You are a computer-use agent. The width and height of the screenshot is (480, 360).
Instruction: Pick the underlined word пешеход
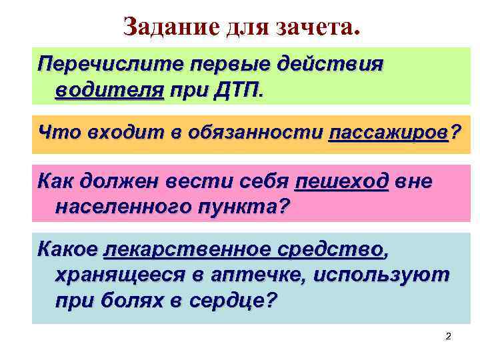tap(341, 181)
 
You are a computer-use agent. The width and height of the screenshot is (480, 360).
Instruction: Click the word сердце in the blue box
tap(228, 300)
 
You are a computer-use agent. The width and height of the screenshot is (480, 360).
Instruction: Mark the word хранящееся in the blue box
tap(124, 275)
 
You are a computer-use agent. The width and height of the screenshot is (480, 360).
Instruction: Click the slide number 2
tap(448, 337)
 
